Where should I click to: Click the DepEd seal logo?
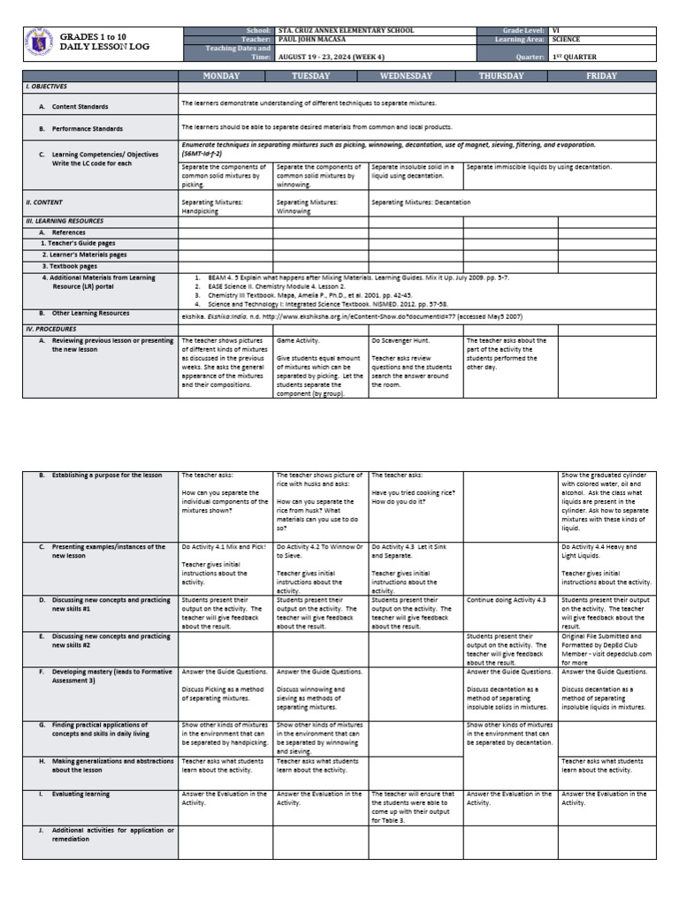tap(39, 45)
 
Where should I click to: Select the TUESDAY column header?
tap(320, 76)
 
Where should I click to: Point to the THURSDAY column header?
tap(510, 76)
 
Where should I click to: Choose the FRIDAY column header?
tap(607, 76)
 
